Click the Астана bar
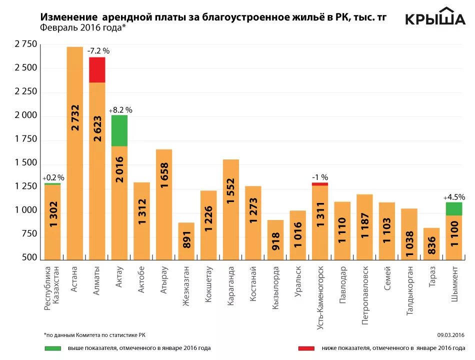click(75, 150)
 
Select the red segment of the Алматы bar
click(97, 69)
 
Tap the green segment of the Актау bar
click(119, 130)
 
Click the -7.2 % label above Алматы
click(98, 50)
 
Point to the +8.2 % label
click(120, 109)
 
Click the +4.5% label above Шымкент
click(454, 197)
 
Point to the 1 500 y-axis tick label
click(26, 163)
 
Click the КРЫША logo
click(434, 17)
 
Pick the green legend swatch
click(52, 348)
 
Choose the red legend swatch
click(306, 348)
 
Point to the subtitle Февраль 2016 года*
click(83, 27)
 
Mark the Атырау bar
click(164, 205)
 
